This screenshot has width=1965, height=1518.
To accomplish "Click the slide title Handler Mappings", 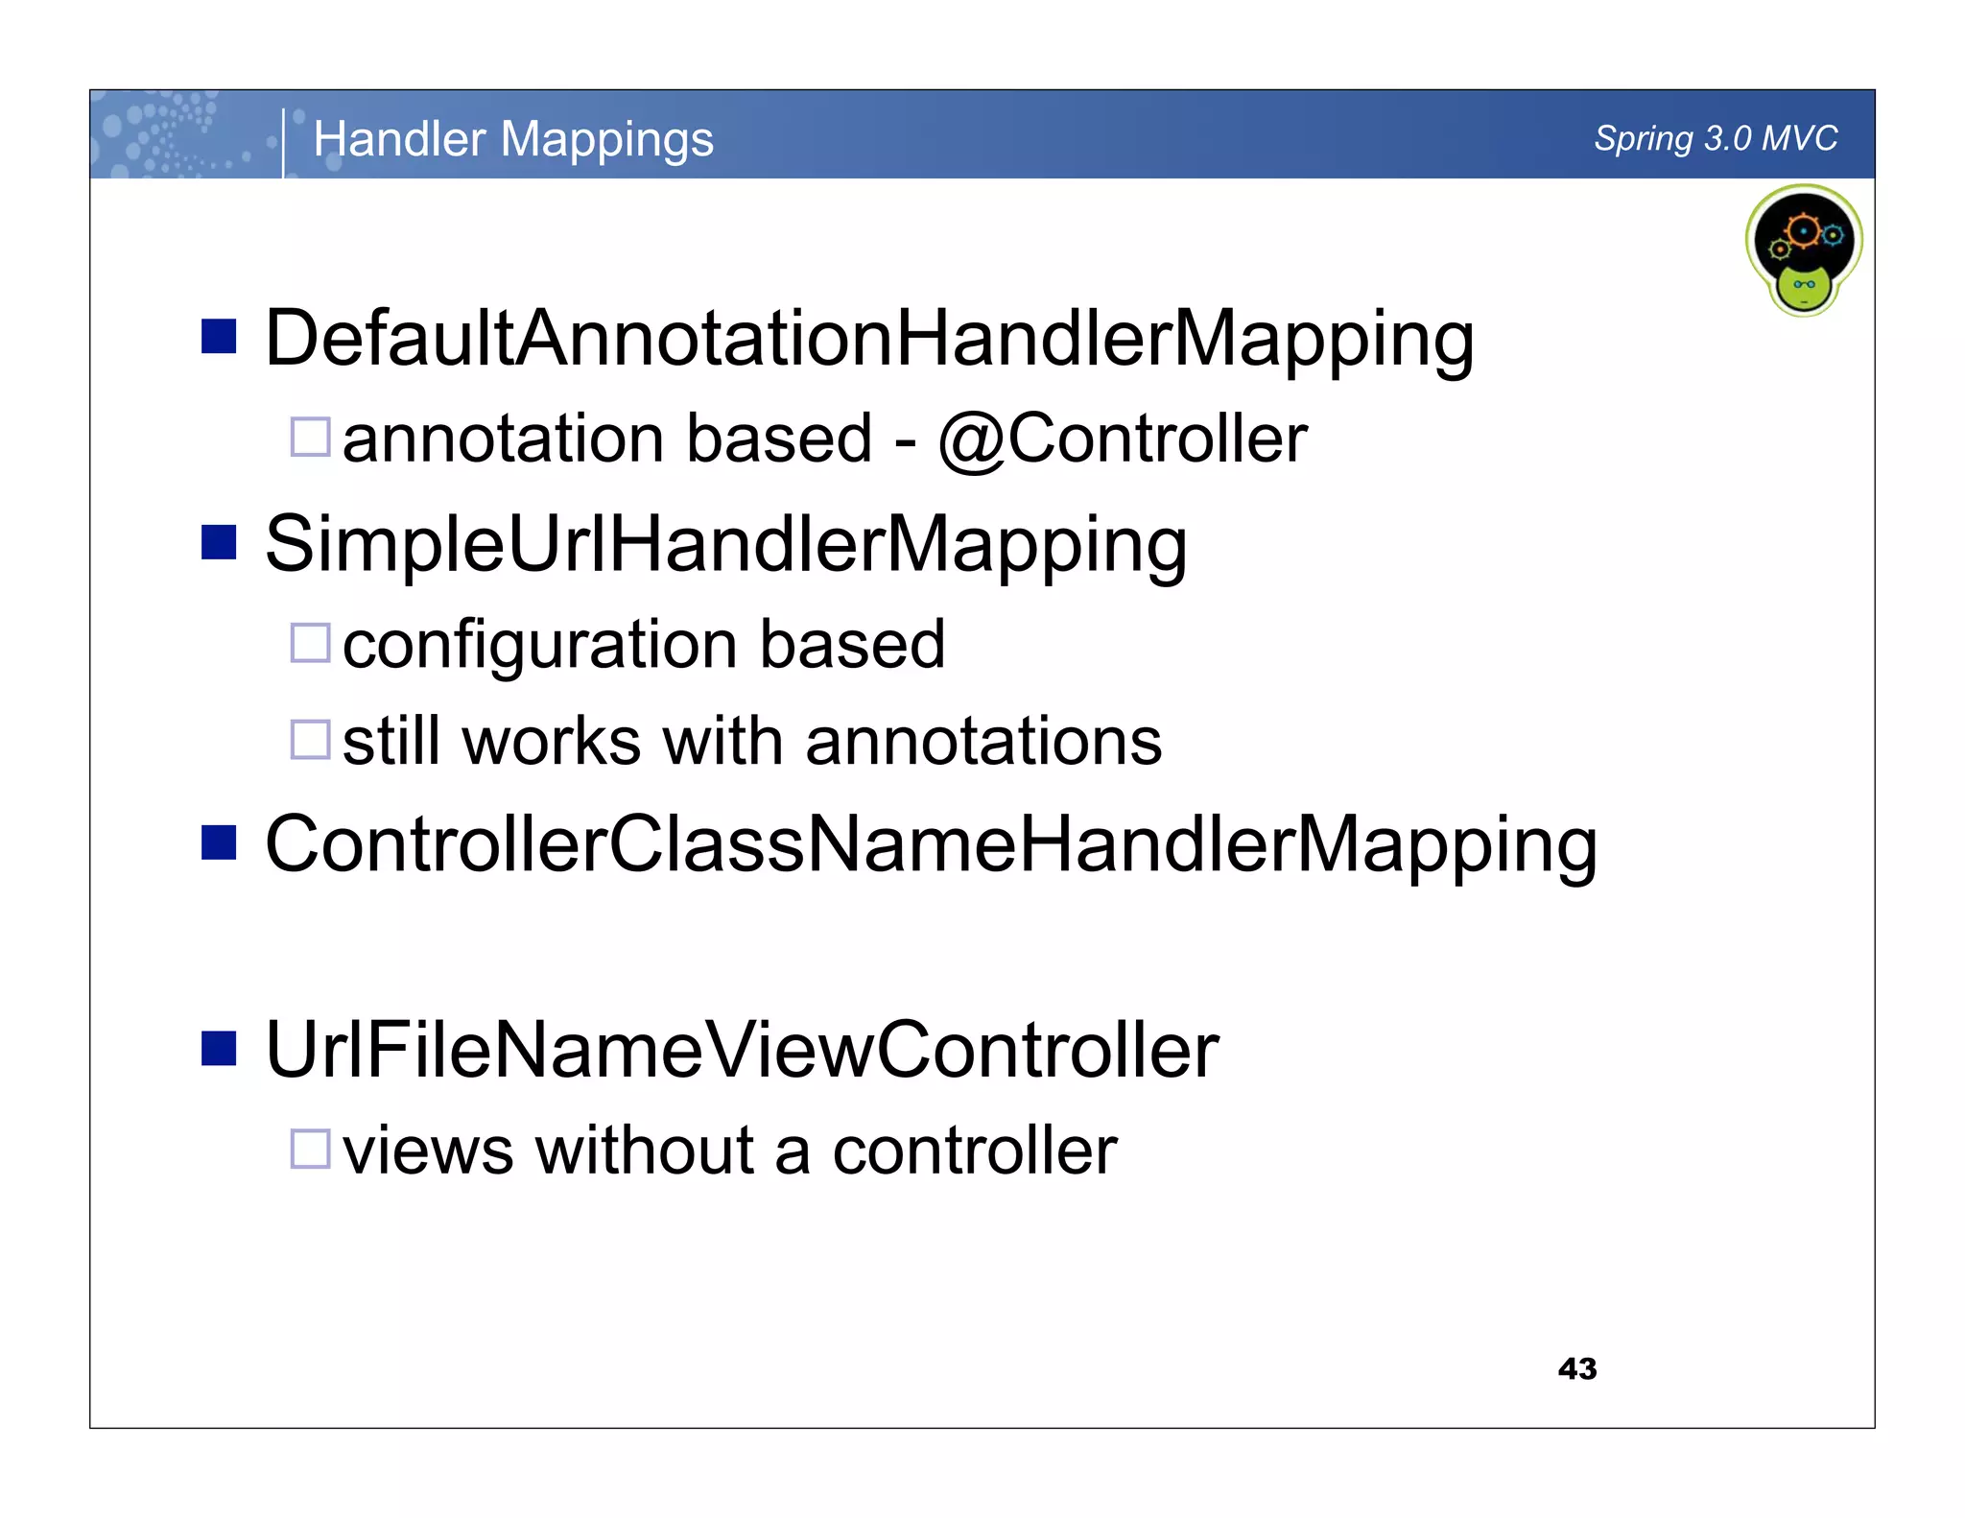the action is point(513,139).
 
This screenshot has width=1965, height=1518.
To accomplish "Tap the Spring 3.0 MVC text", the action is point(1716,138).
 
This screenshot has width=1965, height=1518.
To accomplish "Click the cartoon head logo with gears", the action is point(1804,249).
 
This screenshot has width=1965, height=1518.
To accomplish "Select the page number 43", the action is point(1577,1368).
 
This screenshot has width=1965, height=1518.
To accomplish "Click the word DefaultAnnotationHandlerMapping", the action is point(868,340).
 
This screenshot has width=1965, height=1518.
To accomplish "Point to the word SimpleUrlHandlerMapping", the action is point(725,545).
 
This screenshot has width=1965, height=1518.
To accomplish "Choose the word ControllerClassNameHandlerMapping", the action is point(931,845).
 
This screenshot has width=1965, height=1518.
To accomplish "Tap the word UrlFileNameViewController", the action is point(742,1051).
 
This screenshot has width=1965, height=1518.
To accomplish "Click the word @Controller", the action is point(1123,439).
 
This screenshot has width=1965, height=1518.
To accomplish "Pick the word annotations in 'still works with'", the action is point(983,742).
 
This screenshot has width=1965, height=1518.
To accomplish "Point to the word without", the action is point(645,1150).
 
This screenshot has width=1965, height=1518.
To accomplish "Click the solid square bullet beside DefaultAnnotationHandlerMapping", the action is point(219,337).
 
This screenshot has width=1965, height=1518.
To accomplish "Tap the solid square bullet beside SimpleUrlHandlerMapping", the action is point(219,542).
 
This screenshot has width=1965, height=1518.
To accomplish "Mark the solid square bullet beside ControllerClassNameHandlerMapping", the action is point(219,842).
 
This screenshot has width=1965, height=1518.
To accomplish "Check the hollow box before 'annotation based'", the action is point(311,437).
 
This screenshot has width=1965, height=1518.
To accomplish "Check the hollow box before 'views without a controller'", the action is point(311,1149).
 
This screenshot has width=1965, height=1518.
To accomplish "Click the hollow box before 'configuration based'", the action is point(311,643).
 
